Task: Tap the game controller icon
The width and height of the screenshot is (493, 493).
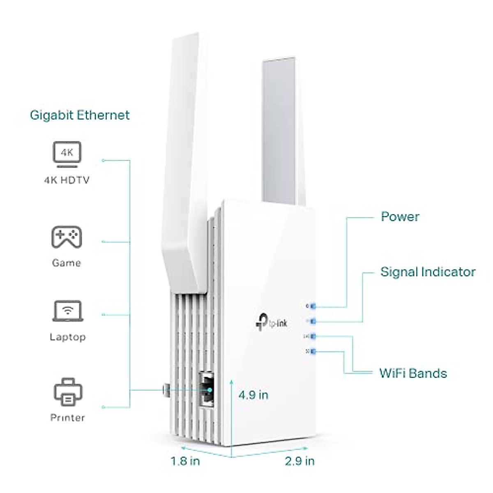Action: [x=67, y=237]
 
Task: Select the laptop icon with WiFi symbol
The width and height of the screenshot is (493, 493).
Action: [x=68, y=311]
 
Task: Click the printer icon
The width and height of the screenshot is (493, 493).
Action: [x=68, y=392]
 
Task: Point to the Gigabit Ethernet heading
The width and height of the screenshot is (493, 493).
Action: [x=80, y=115]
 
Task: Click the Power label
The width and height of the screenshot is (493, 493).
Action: [x=400, y=217]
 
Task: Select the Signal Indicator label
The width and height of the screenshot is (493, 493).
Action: [x=428, y=272]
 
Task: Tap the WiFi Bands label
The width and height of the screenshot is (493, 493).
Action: [x=413, y=373]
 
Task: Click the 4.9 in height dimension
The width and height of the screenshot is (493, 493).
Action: [x=253, y=395]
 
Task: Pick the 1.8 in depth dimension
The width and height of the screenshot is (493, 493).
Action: [x=185, y=461]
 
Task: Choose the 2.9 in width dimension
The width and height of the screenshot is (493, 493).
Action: [x=299, y=461]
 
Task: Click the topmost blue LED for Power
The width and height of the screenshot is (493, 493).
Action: [x=313, y=306]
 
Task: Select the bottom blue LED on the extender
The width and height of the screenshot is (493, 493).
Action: [x=313, y=351]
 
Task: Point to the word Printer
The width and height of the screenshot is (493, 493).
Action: [x=67, y=418]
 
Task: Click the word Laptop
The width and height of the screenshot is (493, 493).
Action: [x=68, y=337]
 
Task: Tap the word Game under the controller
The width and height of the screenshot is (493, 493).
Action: [x=67, y=263]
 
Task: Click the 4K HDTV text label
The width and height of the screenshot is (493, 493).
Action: [x=67, y=180]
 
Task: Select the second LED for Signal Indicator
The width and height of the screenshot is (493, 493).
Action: [x=313, y=320]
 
